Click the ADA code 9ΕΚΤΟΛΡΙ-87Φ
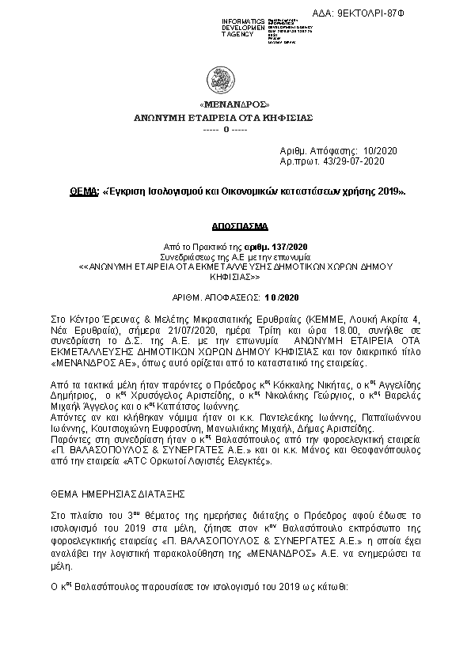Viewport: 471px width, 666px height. click(x=434, y=13)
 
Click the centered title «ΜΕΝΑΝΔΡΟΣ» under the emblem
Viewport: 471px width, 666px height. click(x=235, y=104)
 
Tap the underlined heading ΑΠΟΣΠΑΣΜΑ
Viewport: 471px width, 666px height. click(x=235, y=224)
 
